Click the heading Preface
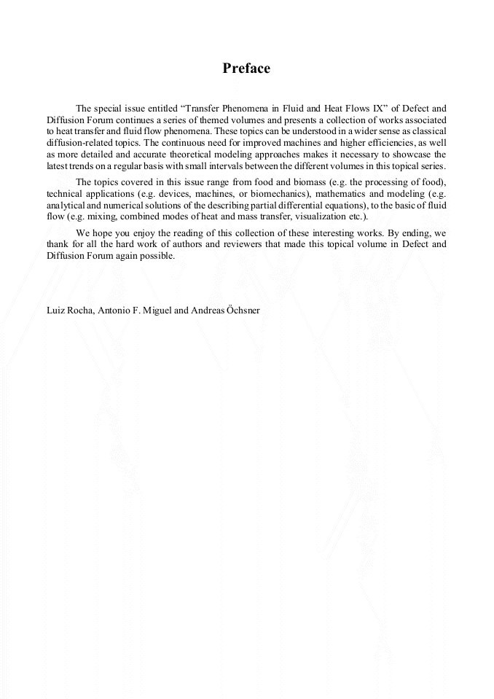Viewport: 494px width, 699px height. click(x=246, y=69)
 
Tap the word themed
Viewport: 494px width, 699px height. click(x=231, y=120)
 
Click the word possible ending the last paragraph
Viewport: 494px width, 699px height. click(x=158, y=255)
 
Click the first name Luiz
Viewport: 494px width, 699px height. click(x=55, y=310)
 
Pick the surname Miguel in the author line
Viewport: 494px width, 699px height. click(x=157, y=310)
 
